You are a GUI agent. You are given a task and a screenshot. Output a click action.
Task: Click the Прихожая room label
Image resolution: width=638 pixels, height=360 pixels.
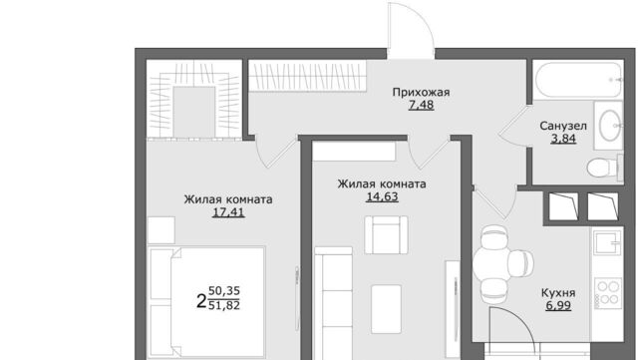(x=421, y=93)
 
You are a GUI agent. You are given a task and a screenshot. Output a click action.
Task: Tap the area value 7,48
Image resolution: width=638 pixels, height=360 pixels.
(x=421, y=105)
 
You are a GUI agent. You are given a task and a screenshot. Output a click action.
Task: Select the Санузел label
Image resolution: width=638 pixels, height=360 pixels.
(x=563, y=127)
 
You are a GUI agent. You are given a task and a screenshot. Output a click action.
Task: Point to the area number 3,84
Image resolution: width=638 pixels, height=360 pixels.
(x=563, y=139)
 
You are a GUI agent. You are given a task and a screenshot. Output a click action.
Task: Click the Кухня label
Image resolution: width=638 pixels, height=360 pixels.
(x=558, y=293)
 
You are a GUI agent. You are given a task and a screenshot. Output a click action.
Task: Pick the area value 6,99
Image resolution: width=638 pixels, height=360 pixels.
(x=558, y=305)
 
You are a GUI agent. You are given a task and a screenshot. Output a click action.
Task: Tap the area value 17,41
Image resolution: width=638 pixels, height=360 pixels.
(x=228, y=212)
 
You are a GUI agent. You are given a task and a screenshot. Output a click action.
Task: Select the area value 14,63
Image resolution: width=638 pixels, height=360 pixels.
(x=383, y=196)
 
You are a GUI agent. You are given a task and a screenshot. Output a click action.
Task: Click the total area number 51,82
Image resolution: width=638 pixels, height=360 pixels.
(x=223, y=305)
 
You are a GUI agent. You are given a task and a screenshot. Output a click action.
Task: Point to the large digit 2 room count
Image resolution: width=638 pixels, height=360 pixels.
(x=201, y=301)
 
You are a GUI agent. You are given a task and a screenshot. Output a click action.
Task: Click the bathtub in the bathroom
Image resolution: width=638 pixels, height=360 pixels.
(x=578, y=80)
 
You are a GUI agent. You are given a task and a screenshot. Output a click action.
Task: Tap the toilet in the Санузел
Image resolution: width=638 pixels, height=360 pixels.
(x=605, y=167)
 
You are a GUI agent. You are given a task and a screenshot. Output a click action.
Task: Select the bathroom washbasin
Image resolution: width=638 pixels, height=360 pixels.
(x=609, y=126)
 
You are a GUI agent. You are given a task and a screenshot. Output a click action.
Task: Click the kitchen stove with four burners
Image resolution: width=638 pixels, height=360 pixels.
(x=607, y=292)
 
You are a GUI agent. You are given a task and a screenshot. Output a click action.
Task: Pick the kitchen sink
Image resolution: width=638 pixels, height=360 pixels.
(x=607, y=242)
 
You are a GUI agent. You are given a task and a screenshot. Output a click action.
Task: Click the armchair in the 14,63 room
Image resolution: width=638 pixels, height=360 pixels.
(x=386, y=235)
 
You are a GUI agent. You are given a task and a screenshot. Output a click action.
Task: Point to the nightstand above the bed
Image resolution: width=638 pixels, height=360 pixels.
(x=161, y=230)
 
